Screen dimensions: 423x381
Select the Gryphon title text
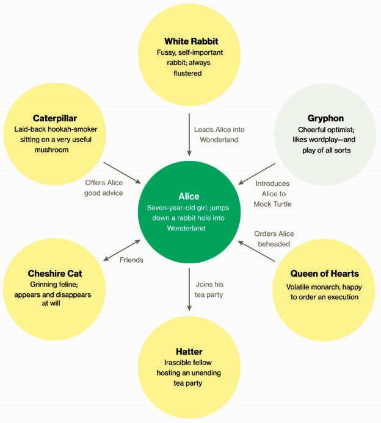tap(325, 118)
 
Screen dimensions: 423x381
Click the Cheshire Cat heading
tap(54, 273)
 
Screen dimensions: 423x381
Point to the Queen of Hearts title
tap(324, 273)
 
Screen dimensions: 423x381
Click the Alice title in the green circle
tap(189, 196)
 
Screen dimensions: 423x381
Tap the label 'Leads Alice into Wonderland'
tap(220, 135)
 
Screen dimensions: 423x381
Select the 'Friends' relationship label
tap(131, 260)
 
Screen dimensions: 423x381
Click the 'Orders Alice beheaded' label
tap(274, 239)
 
